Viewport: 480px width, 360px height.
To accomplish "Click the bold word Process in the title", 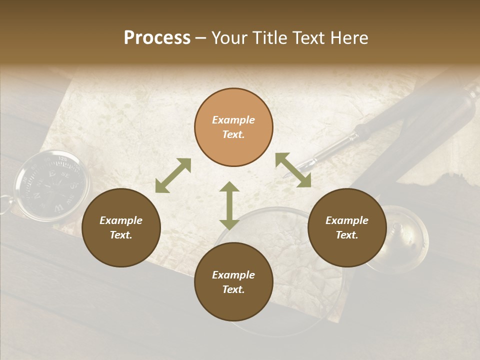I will [x=157, y=38].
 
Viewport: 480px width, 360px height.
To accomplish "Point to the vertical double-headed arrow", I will [x=229, y=205].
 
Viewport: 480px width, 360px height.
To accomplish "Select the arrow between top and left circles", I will [x=173, y=175].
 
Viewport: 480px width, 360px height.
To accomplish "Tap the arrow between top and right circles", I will [x=293, y=170].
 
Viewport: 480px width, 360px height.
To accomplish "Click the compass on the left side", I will [x=52, y=184].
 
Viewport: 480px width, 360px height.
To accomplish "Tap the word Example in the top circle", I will [x=233, y=120].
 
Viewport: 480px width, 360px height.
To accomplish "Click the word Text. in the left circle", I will [x=121, y=235].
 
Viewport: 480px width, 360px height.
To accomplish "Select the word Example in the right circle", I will [x=346, y=220].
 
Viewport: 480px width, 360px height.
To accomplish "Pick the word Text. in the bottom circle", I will [x=233, y=289].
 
